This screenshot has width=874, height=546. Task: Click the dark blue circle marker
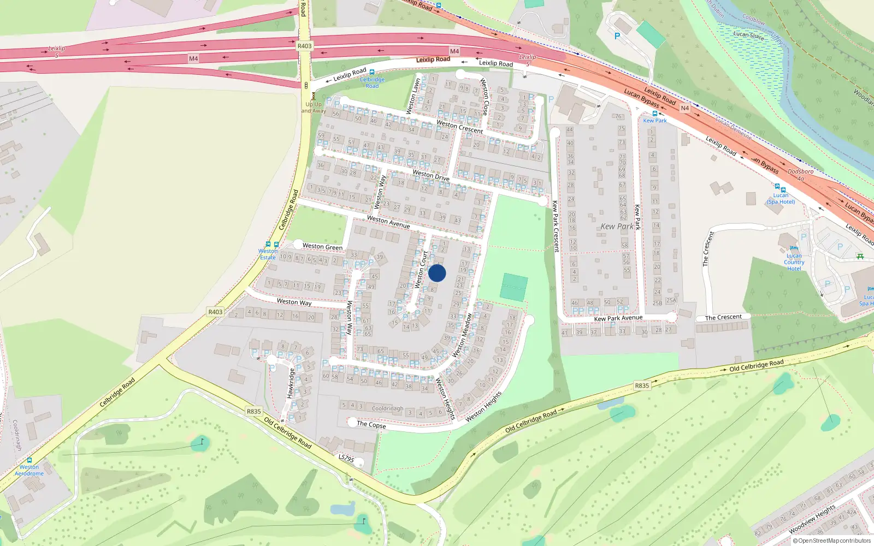[x=437, y=274]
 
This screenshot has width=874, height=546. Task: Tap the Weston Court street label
[x=421, y=270]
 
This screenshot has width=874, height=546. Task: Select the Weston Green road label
[x=322, y=247]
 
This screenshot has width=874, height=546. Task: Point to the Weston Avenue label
[x=388, y=222]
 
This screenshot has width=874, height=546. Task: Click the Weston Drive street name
[x=431, y=175]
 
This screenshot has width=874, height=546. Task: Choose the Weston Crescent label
[x=459, y=127]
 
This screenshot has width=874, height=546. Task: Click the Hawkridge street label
[x=291, y=383]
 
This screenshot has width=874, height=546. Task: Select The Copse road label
[x=371, y=424]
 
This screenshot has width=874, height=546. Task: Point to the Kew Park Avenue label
[x=618, y=318]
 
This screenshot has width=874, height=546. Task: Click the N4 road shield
[x=684, y=108]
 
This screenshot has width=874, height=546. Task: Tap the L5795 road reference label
[x=346, y=458]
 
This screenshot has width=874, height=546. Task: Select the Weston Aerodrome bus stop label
[x=29, y=470]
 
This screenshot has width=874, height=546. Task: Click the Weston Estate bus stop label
[x=268, y=254]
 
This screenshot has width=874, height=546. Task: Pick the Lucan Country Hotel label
[x=794, y=262]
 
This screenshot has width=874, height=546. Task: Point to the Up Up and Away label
[x=314, y=108]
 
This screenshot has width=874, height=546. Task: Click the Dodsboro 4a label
[x=800, y=175]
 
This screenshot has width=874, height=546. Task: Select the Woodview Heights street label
[x=812, y=519]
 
